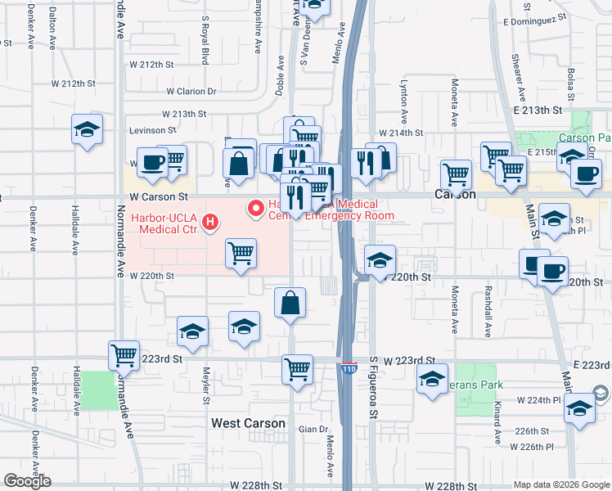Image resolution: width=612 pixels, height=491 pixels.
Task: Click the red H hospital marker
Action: (211, 222)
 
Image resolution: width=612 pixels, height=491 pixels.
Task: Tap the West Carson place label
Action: (248, 423)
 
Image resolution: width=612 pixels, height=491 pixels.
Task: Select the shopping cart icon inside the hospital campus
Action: (241, 254)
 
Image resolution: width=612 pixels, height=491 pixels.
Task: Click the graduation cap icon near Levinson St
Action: (87, 130)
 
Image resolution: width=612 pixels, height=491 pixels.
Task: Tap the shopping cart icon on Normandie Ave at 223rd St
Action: (124, 355)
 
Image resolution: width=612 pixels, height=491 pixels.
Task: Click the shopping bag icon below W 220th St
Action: (290, 303)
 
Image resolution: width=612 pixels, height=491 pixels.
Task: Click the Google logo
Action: (27, 481)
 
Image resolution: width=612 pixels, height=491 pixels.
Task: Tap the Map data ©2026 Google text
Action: (560, 484)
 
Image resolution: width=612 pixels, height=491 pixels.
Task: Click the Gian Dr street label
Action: (313, 429)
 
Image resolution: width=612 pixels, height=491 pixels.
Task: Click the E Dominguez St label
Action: (536, 21)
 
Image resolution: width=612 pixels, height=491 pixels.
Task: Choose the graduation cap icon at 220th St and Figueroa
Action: (380, 260)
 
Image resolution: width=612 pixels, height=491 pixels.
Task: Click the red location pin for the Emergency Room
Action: (257, 208)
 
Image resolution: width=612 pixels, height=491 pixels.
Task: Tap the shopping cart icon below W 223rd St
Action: (297, 368)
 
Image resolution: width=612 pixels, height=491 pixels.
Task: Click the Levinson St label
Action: (149, 130)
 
